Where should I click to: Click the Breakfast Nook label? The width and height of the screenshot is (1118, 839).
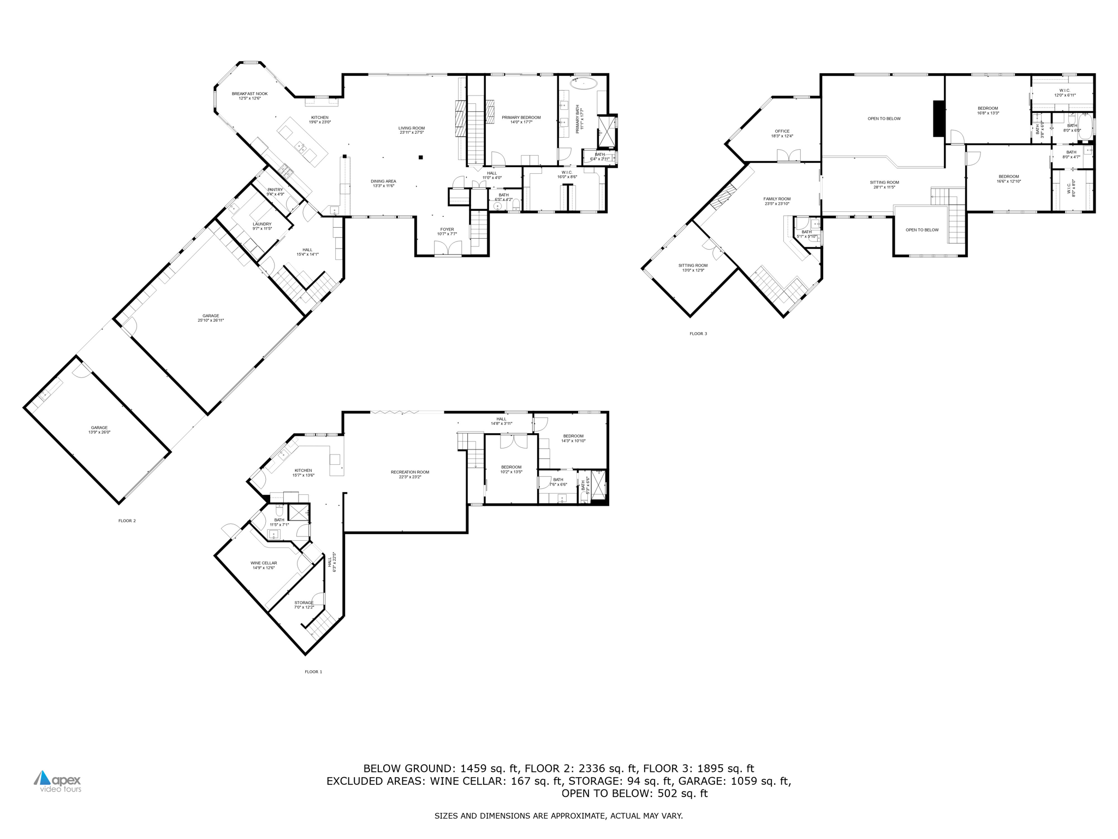pos(249,96)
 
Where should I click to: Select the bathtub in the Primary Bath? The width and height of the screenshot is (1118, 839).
pos(584,84)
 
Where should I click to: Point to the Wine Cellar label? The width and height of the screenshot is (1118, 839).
pos(264,565)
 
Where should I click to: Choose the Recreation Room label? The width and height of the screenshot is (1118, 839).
pos(410,474)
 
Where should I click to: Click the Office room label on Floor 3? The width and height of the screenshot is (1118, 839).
pos(782,133)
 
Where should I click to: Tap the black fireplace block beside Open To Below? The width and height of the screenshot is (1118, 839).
pos(938,119)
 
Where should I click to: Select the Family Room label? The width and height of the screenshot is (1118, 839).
pos(777,201)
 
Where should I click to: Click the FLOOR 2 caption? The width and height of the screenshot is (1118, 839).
pos(127,521)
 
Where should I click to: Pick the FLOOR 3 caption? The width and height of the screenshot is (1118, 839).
pos(698,333)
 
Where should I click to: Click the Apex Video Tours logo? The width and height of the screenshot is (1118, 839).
pos(58,781)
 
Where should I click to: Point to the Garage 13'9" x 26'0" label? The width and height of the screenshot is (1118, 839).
pos(99,430)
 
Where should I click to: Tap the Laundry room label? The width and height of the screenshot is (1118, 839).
pos(262,226)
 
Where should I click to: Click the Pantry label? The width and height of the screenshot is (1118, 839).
pos(275,192)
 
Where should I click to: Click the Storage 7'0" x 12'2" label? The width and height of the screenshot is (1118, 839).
pos(304,605)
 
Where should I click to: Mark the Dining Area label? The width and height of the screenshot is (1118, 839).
pos(383,184)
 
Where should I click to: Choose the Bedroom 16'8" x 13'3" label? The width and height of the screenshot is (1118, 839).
pos(988,110)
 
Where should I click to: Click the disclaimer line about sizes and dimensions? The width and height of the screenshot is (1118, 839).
pos(558,816)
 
